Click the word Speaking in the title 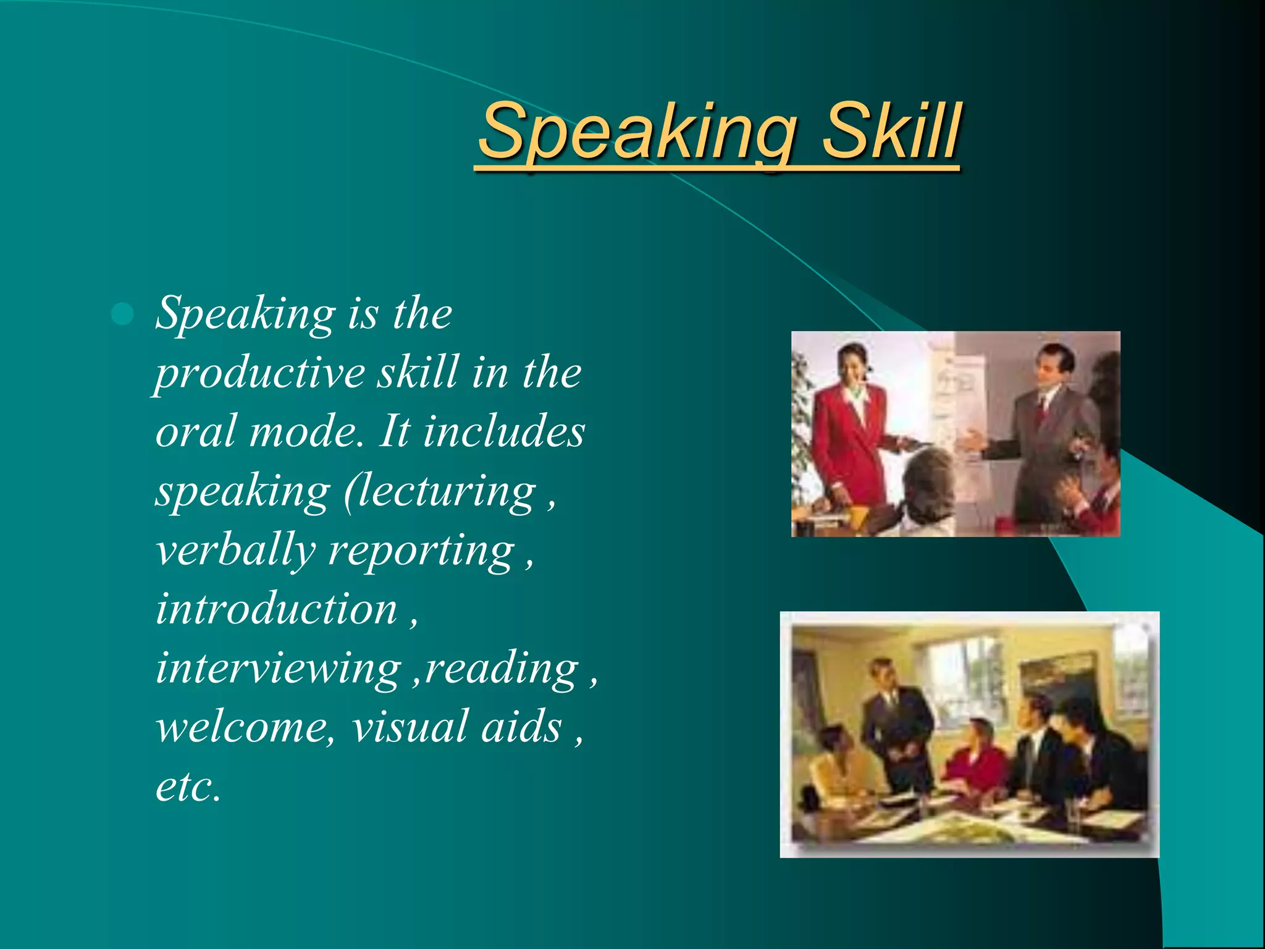point(636,133)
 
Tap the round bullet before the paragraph point(123,314)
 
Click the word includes point(503,432)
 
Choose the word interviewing point(278,669)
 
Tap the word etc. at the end point(188,787)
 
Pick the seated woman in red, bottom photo point(976,760)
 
